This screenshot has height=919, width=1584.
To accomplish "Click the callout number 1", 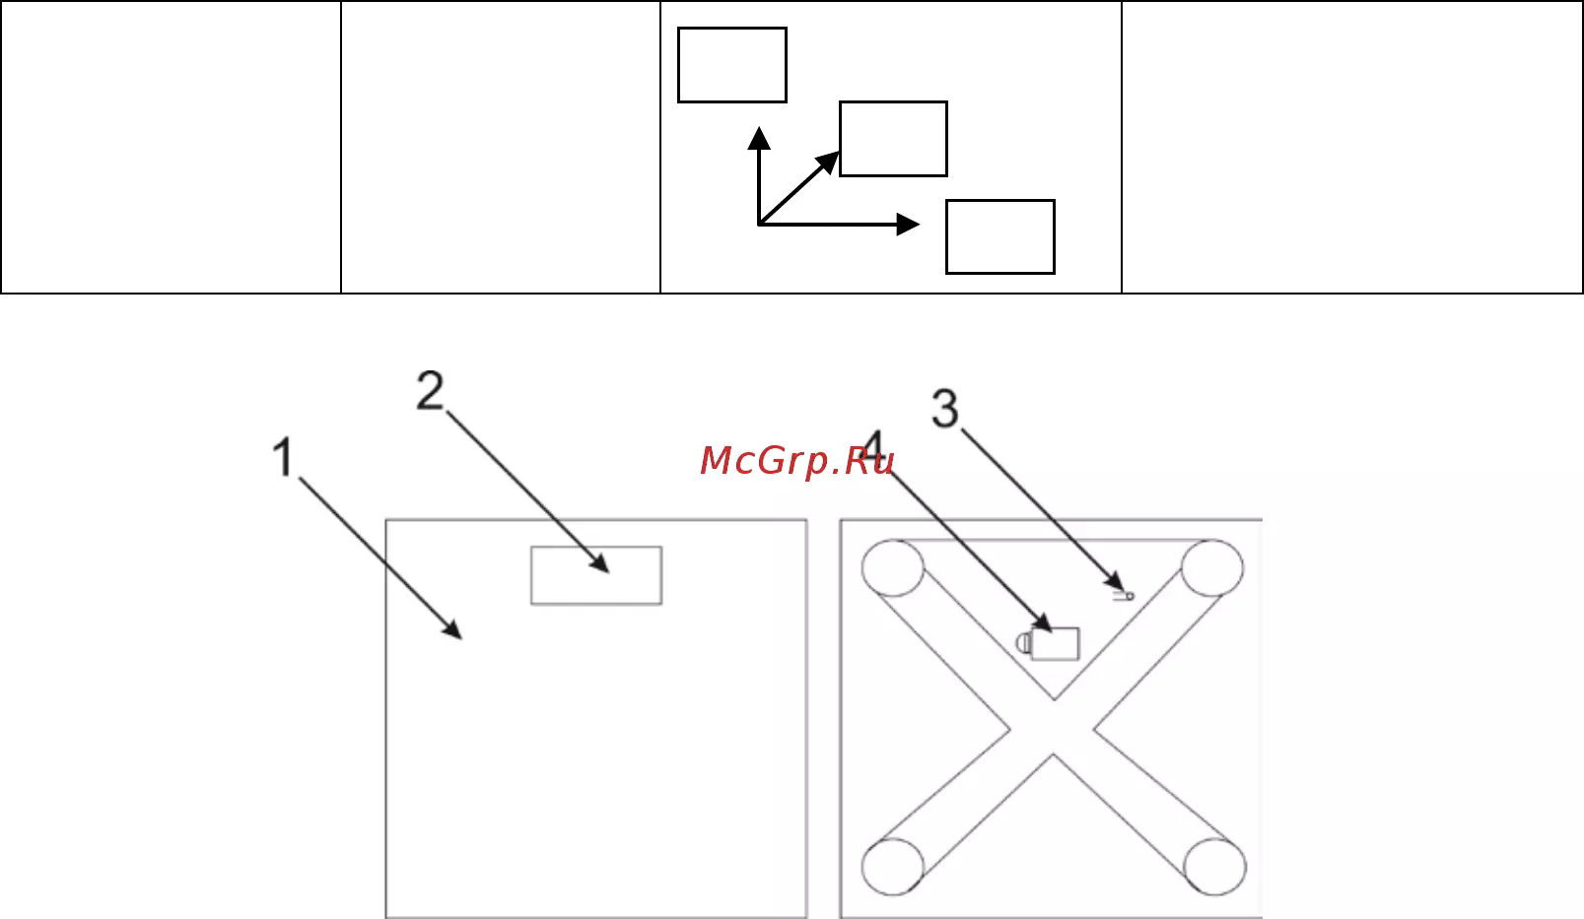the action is [x=283, y=457].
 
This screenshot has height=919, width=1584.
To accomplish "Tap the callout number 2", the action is [x=430, y=390].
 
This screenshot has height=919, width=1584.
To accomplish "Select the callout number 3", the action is [x=945, y=409].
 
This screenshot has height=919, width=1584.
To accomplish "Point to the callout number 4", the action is [x=874, y=448].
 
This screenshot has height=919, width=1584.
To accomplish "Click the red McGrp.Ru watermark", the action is [x=797, y=461].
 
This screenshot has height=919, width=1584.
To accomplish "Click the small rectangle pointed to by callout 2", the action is [x=596, y=575].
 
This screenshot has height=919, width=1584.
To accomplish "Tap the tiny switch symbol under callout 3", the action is [x=1124, y=596].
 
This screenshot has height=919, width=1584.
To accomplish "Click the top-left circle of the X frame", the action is [x=892, y=568].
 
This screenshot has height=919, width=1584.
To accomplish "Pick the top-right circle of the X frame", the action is [x=1212, y=568].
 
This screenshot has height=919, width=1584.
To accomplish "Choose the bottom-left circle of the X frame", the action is [x=892, y=867].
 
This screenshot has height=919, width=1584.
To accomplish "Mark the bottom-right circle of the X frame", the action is [x=1215, y=867].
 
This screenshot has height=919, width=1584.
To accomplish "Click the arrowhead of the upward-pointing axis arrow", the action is [x=759, y=138].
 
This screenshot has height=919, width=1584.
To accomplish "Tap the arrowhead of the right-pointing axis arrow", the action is [x=908, y=225].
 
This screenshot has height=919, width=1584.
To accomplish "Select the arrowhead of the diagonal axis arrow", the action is [x=828, y=163].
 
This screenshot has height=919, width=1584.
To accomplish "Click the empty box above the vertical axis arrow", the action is [x=732, y=65].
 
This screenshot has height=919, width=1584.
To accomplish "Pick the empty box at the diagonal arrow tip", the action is [x=893, y=139].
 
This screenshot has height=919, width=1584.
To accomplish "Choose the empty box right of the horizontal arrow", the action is [x=999, y=236].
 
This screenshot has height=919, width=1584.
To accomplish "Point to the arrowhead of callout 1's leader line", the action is [x=452, y=629].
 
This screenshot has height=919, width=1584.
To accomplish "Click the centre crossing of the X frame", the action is [x=1053, y=728].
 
